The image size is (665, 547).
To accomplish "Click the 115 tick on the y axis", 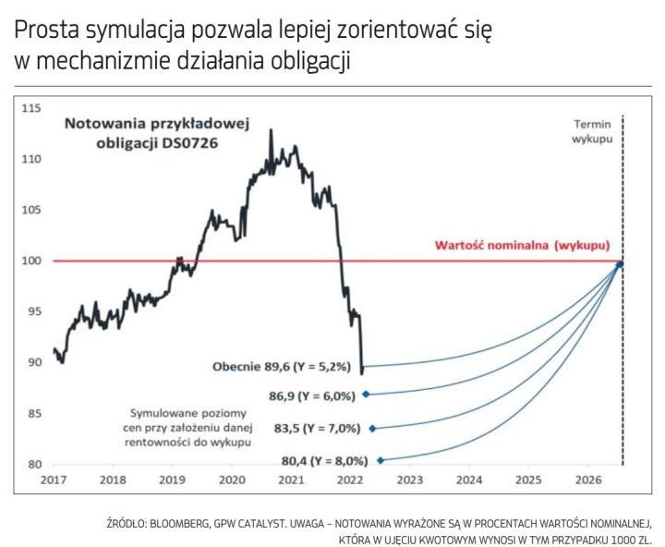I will tap(32, 109).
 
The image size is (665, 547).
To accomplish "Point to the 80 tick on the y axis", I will tap(35, 464).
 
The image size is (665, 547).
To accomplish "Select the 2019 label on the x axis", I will tap(172, 480).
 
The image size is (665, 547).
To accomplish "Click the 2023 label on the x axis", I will tap(410, 480).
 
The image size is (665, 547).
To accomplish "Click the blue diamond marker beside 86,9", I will tap(366, 395).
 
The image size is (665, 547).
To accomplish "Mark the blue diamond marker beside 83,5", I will tap(372, 429).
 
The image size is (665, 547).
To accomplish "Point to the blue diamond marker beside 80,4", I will tap(380, 460).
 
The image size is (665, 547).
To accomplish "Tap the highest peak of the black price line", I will tap(271, 130).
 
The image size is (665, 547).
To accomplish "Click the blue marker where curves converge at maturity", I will tap(620, 264).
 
